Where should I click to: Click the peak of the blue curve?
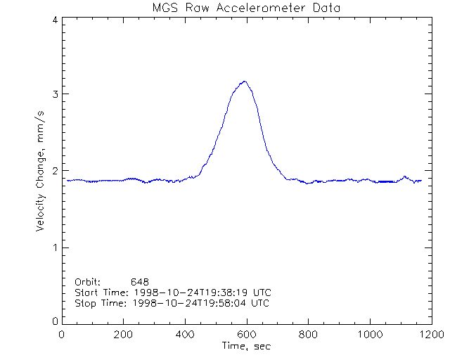pos(245,82)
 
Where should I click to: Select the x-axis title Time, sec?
pos(245,346)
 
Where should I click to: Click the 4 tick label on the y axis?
pos(55,20)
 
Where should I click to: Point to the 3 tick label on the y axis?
pos(55,94)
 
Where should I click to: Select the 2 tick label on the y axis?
pos(55,171)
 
